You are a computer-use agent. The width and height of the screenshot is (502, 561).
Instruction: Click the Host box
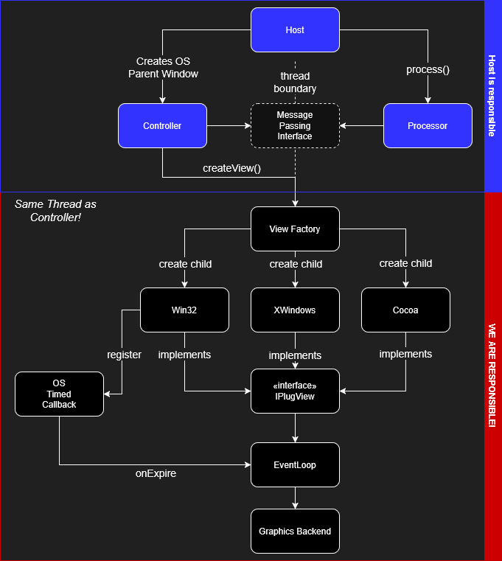click(295, 30)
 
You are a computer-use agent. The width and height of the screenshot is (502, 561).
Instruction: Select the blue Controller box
click(162, 126)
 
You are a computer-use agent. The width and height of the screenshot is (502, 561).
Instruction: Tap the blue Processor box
click(428, 126)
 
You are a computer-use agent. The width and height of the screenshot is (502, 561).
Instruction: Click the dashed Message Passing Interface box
click(295, 126)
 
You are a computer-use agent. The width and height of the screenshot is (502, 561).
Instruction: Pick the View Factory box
click(295, 229)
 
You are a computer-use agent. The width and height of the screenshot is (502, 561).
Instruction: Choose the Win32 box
click(184, 310)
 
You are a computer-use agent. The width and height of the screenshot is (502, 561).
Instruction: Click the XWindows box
click(295, 310)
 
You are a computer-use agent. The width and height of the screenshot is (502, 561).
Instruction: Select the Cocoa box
click(405, 310)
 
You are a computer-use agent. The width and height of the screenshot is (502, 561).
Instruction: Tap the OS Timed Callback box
click(59, 394)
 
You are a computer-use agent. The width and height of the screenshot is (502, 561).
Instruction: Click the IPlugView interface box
click(295, 391)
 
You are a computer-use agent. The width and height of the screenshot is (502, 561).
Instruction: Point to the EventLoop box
click(295, 465)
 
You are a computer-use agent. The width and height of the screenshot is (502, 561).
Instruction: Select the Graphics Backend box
click(295, 532)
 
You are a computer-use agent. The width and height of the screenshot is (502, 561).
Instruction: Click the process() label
click(428, 70)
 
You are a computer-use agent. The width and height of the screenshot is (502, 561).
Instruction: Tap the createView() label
click(232, 168)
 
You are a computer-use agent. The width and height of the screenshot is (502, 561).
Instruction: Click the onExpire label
click(156, 473)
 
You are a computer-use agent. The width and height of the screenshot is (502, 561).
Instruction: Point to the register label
click(124, 355)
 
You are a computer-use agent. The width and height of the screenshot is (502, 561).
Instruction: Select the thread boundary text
click(295, 83)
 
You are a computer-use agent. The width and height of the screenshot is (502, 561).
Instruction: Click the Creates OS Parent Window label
click(163, 67)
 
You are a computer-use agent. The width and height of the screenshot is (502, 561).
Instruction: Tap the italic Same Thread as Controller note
click(55, 210)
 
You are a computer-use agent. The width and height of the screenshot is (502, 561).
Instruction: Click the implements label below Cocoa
click(405, 355)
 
